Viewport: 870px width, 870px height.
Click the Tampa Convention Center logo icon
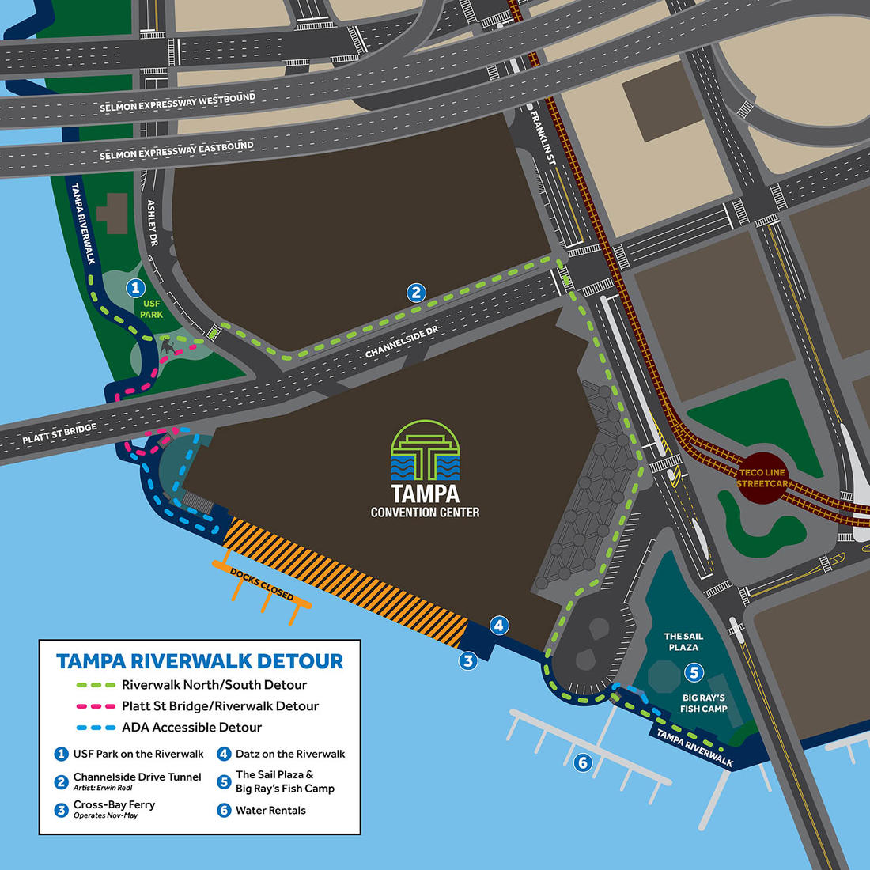(x=425, y=450)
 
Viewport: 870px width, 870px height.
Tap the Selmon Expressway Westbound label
(x=177, y=103)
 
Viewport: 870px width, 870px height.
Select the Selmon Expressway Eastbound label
(x=176, y=151)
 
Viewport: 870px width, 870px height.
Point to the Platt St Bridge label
(x=59, y=433)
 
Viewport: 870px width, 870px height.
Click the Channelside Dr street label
(x=401, y=342)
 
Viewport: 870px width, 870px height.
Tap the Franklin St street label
(x=543, y=138)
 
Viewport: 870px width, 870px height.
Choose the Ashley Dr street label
(x=153, y=223)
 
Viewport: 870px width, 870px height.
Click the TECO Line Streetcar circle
(x=762, y=478)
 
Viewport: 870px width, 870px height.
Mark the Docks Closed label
(x=262, y=584)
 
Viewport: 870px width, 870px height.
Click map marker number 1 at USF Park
(x=135, y=288)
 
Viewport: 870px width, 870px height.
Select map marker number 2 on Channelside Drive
(x=416, y=293)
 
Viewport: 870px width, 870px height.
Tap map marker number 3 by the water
(x=468, y=660)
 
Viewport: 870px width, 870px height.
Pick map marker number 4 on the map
(x=498, y=626)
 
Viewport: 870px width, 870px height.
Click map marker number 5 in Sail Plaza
(x=694, y=672)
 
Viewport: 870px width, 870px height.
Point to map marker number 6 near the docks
(x=583, y=762)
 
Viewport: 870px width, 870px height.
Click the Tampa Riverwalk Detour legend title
(x=200, y=661)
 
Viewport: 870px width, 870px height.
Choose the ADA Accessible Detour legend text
(x=191, y=728)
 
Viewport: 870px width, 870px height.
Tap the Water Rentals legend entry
(x=270, y=810)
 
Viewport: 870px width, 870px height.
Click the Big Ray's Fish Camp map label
(x=703, y=703)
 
